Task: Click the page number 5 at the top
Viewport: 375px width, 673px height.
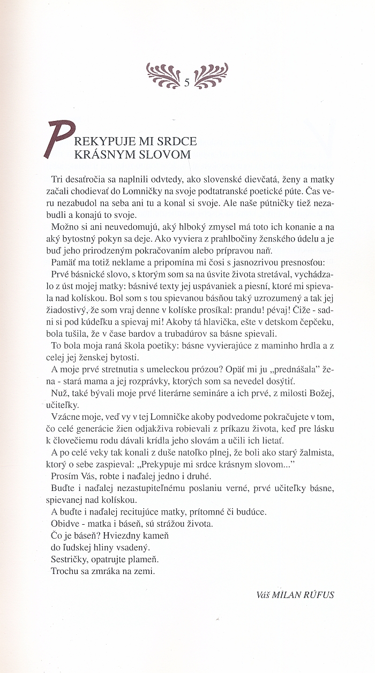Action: (x=187, y=82)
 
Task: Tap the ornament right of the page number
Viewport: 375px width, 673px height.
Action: (x=211, y=75)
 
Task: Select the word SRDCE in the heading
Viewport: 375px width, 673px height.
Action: (x=178, y=141)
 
